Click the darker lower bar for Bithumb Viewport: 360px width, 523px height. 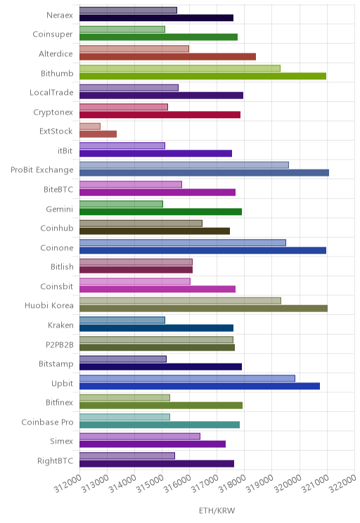tap(203, 76)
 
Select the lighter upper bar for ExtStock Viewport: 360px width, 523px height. tap(90, 127)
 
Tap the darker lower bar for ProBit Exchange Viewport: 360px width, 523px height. tap(204, 173)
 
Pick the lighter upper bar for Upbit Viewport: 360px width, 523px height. tap(187, 378)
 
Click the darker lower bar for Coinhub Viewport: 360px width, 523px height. tap(155, 231)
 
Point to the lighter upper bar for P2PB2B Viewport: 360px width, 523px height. tap(157, 340)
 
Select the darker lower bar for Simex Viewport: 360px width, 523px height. tap(153, 444)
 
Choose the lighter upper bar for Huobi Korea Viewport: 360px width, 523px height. tap(180, 301)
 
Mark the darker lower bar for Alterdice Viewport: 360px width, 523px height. tap(168, 57)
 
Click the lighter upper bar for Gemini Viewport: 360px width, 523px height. tap(121, 204)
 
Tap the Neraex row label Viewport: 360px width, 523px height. tap(59, 15)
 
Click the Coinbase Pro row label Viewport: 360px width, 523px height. tap(47, 422)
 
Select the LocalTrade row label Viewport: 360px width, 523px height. tap(51, 92)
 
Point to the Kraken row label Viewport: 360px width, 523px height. tap(60, 325)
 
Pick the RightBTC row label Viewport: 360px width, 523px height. tap(55, 460)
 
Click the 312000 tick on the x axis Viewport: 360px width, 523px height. tap(67, 484)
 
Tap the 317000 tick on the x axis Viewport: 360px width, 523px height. tap(205, 484)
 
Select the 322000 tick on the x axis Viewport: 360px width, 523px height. tap(342, 484)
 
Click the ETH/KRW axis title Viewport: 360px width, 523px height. tap(217, 510)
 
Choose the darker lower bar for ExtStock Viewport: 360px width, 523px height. tap(98, 134)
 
